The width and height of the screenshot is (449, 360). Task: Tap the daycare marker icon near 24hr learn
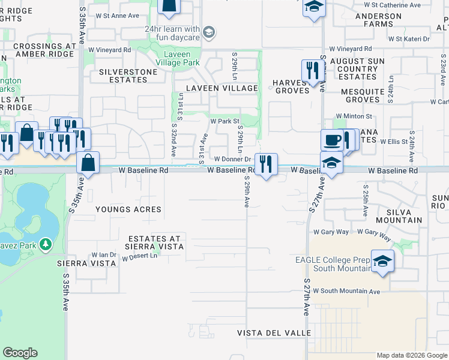click(209, 32)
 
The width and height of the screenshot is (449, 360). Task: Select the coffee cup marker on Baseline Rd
click(332, 141)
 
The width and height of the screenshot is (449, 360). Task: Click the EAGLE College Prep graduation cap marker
click(381, 261)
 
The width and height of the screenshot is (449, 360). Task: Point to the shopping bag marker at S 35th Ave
click(88, 163)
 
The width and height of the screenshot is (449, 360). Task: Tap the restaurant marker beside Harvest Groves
click(312, 70)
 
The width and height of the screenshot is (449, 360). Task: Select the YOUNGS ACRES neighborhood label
click(128, 209)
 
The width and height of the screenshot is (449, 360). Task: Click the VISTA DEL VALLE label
click(274, 333)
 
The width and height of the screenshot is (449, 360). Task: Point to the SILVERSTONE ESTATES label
click(124, 76)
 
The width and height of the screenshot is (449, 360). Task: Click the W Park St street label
click(224, 121)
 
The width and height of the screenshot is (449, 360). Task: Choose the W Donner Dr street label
click(232, 160)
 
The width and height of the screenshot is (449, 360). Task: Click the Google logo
click(20, 353)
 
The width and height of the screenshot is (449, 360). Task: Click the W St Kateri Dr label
click(409, 39)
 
